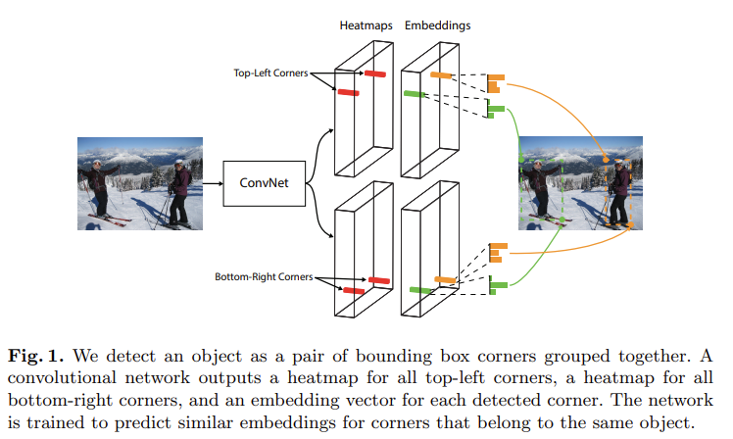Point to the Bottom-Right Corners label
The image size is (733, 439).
[264, 277]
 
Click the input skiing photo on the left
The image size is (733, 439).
[139, 182]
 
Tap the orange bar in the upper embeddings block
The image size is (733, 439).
[440, 75]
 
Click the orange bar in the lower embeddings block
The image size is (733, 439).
[446, 280]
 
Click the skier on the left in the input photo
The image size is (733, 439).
[99, 186]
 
